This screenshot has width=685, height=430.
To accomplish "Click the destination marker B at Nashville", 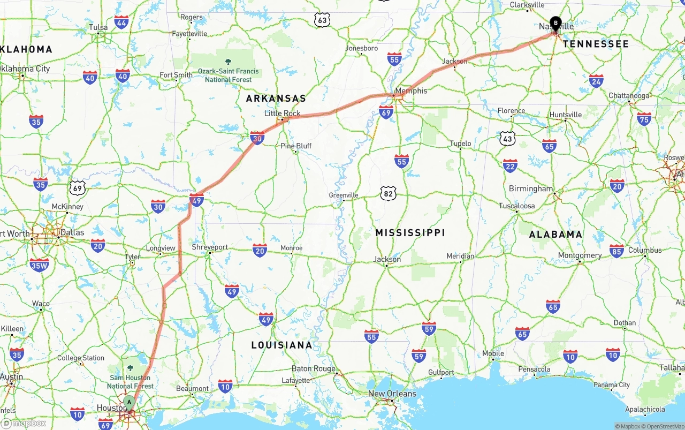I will (555, 24).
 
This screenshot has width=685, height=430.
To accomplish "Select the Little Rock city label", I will (282, 114).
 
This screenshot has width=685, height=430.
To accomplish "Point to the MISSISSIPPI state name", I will (410, 233).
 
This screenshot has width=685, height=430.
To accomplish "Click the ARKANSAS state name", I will (276, 99).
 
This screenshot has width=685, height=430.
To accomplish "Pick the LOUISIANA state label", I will (281, 345).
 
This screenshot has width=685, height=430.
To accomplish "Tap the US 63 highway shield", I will (322, 20).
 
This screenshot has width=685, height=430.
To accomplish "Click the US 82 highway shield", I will (388, 193).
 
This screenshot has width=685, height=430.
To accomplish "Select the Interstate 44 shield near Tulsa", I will (121, 22).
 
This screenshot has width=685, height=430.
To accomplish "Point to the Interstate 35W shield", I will (39, 265).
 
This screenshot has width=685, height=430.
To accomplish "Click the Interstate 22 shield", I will (510, 165).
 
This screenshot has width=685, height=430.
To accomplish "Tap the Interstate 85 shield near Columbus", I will (616, 251).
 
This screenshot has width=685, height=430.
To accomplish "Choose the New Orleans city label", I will (392, 394).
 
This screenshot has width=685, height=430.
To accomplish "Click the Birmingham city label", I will (531, 188).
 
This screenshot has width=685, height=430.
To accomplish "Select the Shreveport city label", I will (210, 247).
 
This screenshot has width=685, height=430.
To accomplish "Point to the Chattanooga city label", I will (629, 96).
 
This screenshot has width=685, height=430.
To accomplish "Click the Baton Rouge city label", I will (313, 368).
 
